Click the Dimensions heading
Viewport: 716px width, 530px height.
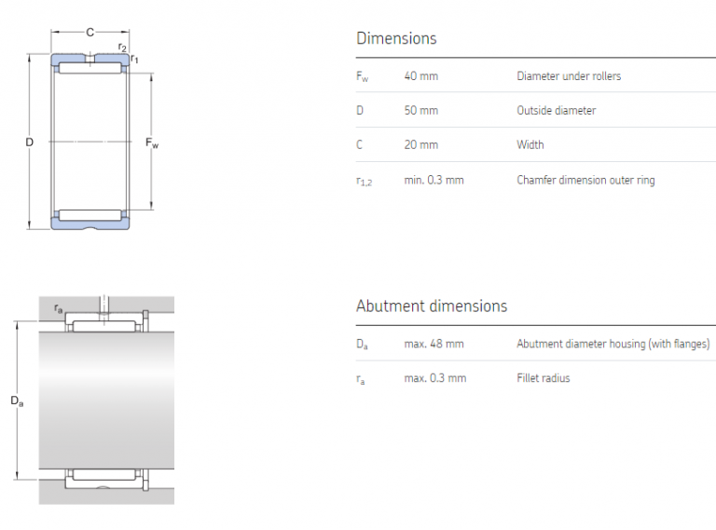(x=396, y=39)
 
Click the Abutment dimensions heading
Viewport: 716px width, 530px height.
(x=432, y=306)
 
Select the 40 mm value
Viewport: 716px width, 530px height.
(x=420, y=76)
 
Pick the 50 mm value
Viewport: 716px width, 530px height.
(x=420, y=111)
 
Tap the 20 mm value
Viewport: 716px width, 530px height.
(x=420, y=145)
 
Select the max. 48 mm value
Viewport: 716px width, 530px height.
(x=434, y=345)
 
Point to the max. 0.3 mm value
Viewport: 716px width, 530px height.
(x=434, y=378)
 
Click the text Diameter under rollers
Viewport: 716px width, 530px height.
(x=569, y=76)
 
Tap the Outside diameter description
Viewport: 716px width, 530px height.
(x=557, y=111)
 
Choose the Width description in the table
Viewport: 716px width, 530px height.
(x=530, y=145)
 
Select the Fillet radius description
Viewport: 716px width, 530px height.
(x=544, y=378)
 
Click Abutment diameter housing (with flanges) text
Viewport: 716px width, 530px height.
(x=613, y=345)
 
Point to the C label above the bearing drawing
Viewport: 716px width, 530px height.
(x=89, y=33)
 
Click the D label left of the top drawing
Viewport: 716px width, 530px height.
(x=29, y=143)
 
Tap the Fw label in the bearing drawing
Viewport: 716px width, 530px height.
(x=152, y=143)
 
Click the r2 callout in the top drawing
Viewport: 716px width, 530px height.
(x=122, y=47)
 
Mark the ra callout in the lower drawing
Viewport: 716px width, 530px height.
(x=59, y=308)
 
